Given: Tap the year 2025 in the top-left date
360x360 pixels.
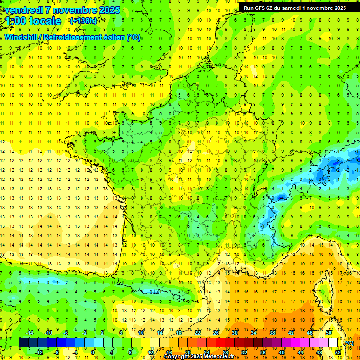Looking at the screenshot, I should tap(108, 10).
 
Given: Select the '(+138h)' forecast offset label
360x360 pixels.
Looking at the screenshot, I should tap(83, 21).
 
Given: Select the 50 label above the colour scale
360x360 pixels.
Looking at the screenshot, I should tap(328, 333).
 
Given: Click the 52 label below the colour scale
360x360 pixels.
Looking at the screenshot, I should tap(337, 352).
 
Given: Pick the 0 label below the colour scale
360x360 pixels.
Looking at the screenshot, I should tap(93, 352).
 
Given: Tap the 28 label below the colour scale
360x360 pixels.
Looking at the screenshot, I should tap(225, 352).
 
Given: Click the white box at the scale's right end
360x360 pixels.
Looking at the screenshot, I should tap(333, 343).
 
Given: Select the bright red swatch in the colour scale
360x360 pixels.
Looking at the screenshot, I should tap(220, 343).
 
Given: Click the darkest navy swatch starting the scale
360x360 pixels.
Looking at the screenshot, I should tap(23, 343).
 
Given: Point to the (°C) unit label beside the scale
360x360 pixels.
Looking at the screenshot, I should tap(349, 343).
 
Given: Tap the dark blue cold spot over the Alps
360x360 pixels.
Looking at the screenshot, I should tap(280, 197).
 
